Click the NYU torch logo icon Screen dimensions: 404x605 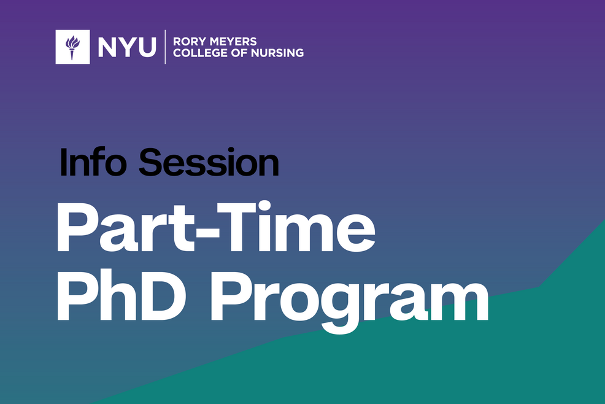point(72,47)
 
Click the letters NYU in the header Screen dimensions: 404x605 point(126,47)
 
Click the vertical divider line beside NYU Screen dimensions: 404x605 point(165,47)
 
